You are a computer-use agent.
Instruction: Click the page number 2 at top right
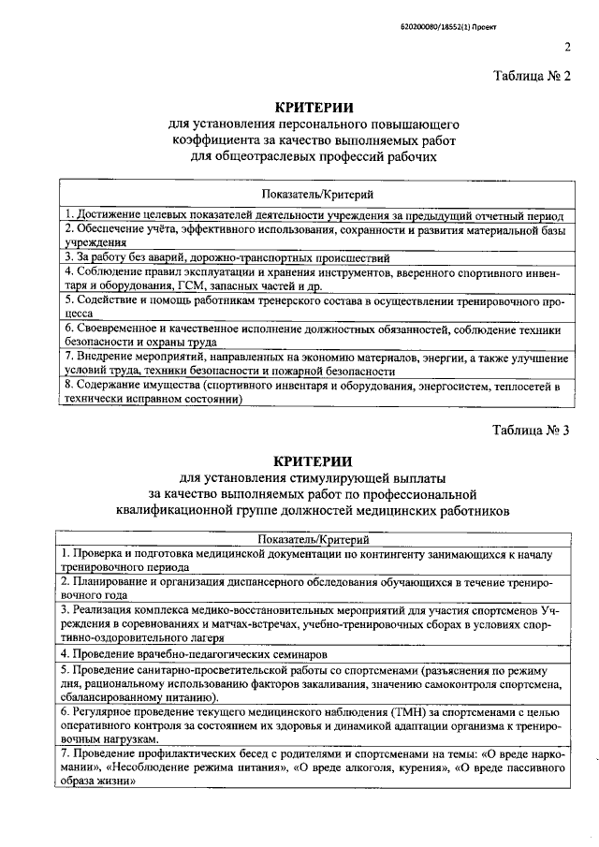point(567,49)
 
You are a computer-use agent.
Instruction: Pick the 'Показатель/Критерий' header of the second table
point(314,539)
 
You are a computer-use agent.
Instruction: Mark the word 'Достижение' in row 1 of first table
point(107,214)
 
